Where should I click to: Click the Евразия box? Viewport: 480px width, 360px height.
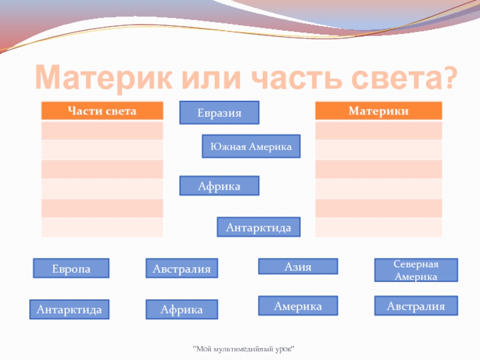point(220,113)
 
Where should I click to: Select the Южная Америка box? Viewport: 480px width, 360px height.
point(251,146)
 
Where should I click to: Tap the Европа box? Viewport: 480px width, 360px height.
point(71,269)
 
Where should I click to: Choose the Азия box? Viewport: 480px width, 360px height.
point(298,266)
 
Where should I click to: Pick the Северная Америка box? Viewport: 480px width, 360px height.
point(416,271)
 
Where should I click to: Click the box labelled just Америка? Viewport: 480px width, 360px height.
point(298,306)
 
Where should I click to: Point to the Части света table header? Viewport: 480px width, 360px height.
point(102,111)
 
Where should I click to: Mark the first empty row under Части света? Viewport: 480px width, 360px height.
point(102,130)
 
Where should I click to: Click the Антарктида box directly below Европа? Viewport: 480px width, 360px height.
point(69,309)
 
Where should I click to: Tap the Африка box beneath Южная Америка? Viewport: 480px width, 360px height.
point(220,186)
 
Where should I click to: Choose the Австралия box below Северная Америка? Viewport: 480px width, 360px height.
point(416,306)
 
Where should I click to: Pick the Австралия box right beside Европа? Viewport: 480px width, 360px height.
point(182,269)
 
